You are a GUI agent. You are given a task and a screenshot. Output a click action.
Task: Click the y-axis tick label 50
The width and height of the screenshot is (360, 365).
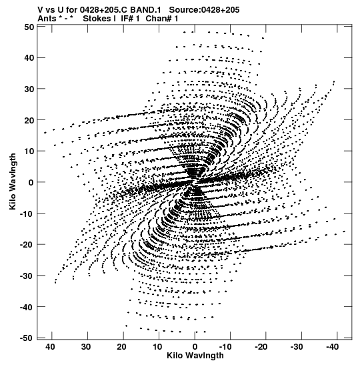[x=29, y=27]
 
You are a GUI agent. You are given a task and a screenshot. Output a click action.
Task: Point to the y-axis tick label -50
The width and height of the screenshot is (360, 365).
[x=27, y=338]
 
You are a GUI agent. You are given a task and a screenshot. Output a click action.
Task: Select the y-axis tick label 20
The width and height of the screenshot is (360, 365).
[x=29, y=120]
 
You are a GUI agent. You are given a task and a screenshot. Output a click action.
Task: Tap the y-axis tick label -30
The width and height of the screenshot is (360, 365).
[x=27, y=276]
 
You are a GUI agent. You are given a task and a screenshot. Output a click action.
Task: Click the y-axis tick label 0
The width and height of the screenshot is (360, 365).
[x=31, y=183]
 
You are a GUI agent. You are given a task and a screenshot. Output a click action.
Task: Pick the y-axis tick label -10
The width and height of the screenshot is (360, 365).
[x=27, y=214]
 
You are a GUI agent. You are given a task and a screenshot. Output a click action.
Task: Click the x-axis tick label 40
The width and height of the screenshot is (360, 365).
[x=51, y=347]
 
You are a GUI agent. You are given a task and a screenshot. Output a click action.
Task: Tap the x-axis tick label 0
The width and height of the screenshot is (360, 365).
[x=195, y=347]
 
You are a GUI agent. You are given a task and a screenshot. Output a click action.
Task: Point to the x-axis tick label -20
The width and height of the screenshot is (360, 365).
[x=261, y=347]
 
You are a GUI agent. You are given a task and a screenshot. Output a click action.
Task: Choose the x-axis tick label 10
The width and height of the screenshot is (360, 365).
[x=157, y=347]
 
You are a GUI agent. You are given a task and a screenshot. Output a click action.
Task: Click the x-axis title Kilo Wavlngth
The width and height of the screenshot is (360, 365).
[x=195, y=356]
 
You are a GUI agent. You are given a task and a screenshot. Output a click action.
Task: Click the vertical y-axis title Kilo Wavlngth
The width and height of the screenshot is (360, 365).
[x=13, y=181]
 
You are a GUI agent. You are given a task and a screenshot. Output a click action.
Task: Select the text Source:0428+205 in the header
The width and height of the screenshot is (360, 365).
[x=204, y=10]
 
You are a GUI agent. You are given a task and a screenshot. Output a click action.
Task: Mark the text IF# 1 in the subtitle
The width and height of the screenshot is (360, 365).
[x=130, y=19]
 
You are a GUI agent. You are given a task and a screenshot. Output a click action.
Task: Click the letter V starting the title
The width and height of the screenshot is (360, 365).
[x=40, y=10]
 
